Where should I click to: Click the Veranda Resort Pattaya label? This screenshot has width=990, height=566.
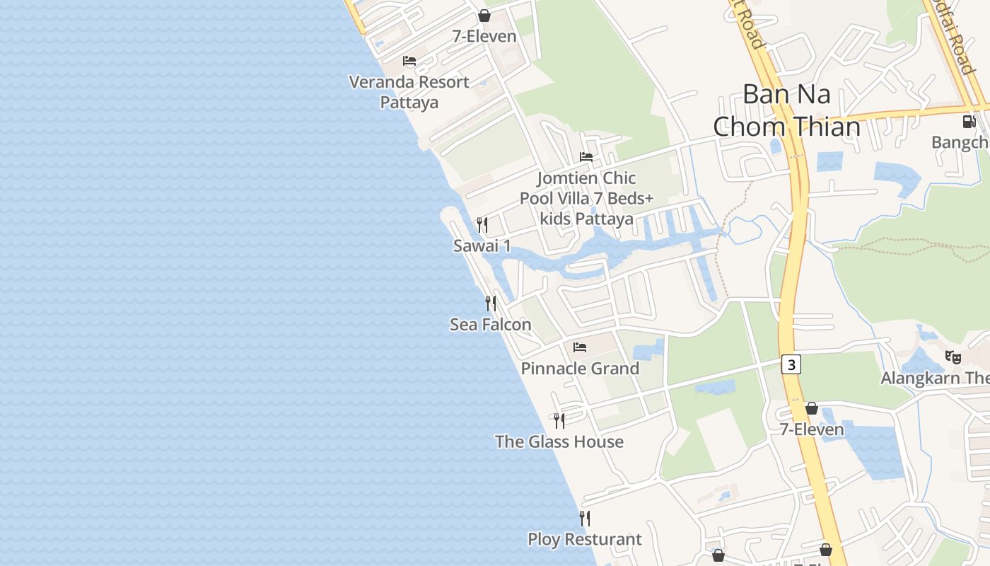[409, 92]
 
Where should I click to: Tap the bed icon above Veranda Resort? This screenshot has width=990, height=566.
[409, 61]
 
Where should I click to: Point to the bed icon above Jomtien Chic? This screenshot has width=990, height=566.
[586, 157]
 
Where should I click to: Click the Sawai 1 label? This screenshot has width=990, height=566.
[482, 246]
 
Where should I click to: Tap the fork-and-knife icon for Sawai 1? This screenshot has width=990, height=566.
[482, 225]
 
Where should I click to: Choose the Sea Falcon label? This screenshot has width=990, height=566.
[491, 325]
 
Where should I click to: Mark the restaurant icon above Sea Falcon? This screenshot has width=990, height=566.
[491, 304]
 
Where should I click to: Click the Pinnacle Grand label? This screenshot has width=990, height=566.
[580, 369]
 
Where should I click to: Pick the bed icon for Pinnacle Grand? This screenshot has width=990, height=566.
[580, 347]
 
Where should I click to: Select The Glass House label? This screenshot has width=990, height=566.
[559, 442]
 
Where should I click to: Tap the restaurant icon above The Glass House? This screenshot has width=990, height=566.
[559, 421]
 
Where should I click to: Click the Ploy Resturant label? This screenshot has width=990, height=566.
[585, 540]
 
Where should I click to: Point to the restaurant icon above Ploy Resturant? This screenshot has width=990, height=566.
[585, 519]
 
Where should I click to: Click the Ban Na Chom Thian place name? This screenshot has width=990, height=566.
[786, 110]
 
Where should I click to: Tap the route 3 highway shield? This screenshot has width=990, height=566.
[792, 365]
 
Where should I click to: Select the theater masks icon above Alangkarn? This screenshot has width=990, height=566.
[953, 357]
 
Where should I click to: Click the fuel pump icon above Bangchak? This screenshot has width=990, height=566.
[968, 122]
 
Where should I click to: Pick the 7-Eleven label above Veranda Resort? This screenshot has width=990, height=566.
[484, 36]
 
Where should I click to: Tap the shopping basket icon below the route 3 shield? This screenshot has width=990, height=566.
[812, 408]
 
